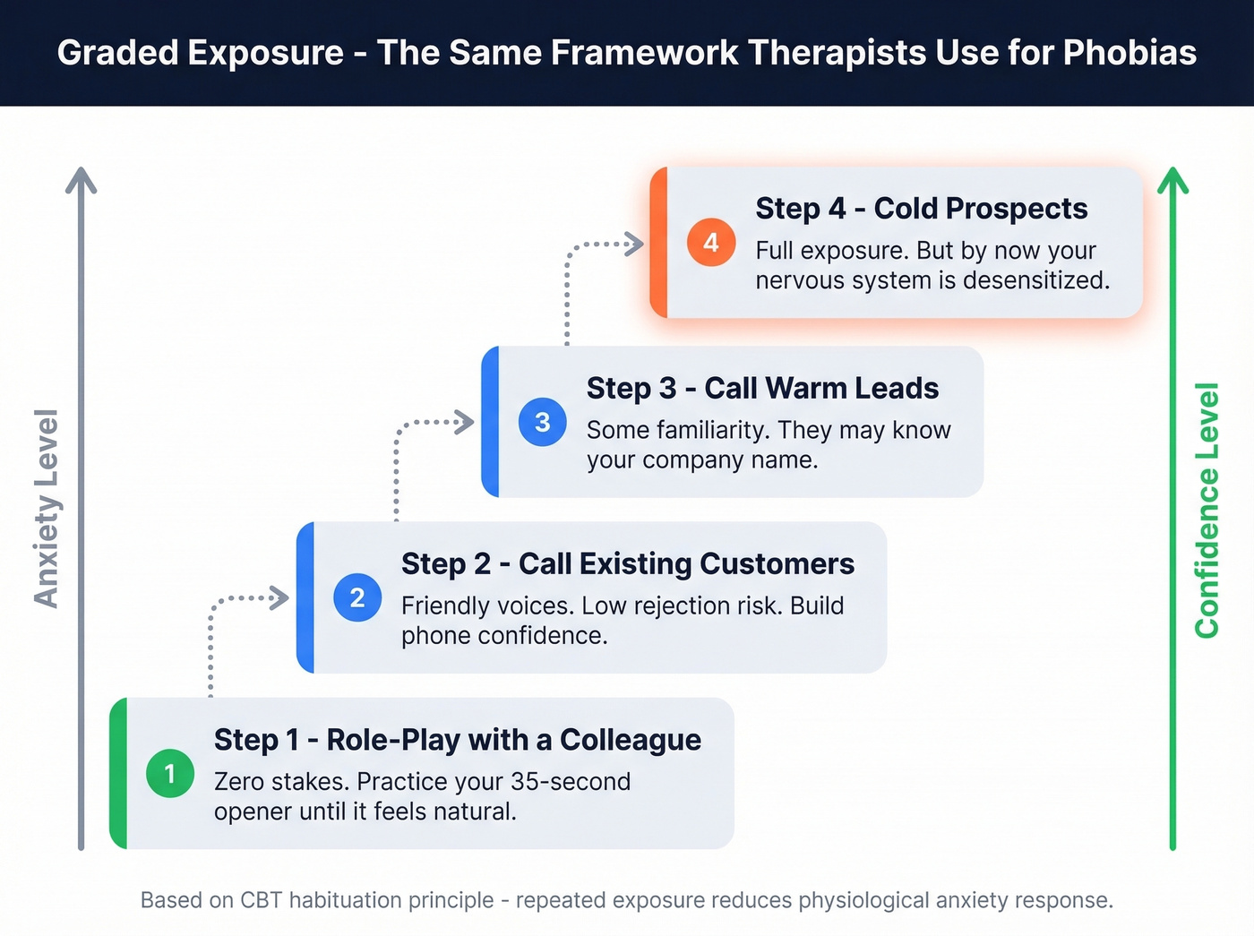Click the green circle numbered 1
(x=170, y=773)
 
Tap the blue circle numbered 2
(x=357, y=597)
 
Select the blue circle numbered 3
(x=543, y=422)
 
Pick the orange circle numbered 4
(x=711, y=243)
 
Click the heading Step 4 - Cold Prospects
(x=921, y=209)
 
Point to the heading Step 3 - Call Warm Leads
(x=762, y=389)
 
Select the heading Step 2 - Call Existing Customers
(x=627, y=564)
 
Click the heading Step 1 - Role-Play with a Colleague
(x=457, y=740)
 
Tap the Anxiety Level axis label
(x=47, y=508)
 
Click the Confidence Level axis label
(x=1207, y=510)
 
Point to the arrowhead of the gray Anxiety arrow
(x=81, y=179)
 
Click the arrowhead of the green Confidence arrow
(x=1172, y=179)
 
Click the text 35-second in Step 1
(x=570, y=782)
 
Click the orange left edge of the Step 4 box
(x=659, y=243)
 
